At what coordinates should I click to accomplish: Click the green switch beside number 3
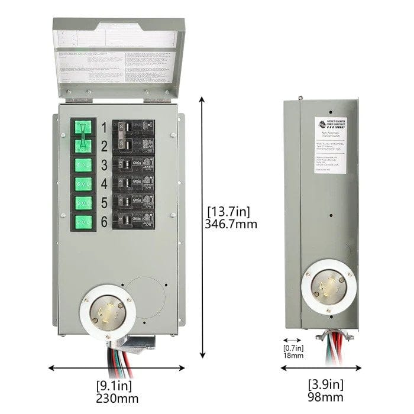point(83,164)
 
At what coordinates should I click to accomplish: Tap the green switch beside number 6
point(83,222)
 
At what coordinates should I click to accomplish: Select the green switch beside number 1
point(83,127)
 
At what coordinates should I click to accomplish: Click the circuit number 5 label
point(103,203)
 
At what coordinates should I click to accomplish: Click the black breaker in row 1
point(135,127)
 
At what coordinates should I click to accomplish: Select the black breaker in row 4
point(135,183)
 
